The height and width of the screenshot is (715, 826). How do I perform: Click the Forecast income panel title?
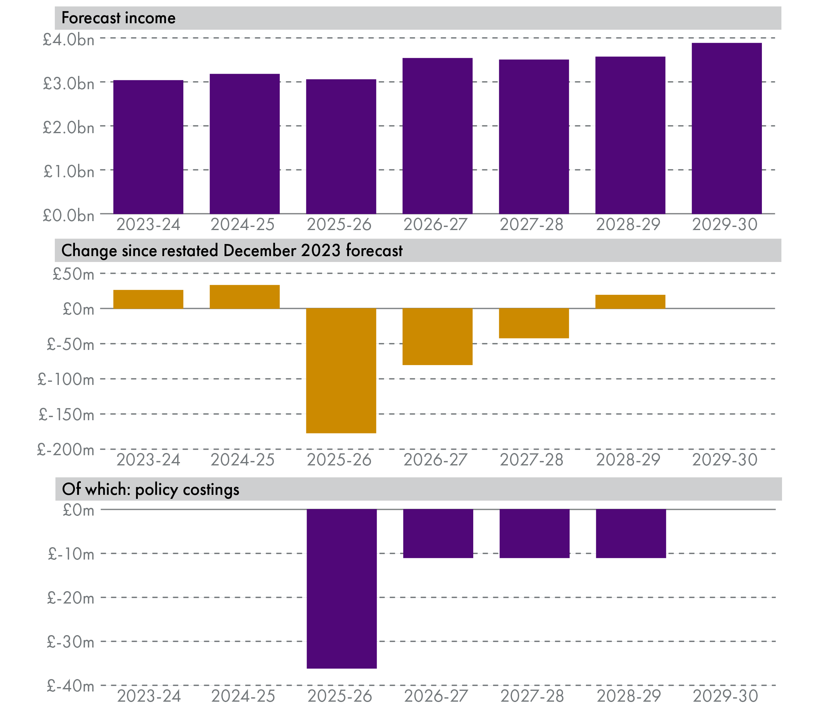pos(119,18)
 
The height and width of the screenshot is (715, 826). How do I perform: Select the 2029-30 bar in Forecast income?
pos(726,128)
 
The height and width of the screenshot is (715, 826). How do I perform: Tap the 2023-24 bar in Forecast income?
pos(148,147)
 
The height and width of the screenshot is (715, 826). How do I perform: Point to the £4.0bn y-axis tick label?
pos(69,40)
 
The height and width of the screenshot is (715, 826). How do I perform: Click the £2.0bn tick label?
pos(69,128)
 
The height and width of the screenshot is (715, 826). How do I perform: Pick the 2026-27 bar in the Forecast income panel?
pos(437,136)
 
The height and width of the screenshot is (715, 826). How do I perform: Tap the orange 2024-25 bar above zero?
pos(244,297)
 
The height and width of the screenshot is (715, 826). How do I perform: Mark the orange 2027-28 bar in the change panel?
pos(534,323)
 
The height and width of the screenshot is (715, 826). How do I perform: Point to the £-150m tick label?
pos(67,415)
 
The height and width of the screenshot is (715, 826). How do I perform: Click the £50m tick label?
pos(73,274)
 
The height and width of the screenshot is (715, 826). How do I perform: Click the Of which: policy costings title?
pos(151,489)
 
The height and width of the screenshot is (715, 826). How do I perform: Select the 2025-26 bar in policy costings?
pos(342,589)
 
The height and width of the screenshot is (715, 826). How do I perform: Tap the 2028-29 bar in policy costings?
pos(631,534)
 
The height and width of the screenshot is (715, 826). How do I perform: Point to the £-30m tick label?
pos(71,642)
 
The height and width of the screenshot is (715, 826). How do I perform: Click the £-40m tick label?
pos(71,686)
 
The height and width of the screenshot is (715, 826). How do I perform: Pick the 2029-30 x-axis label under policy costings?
pos(725,696)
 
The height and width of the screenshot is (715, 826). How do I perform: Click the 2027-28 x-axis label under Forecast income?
pos(531,225)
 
